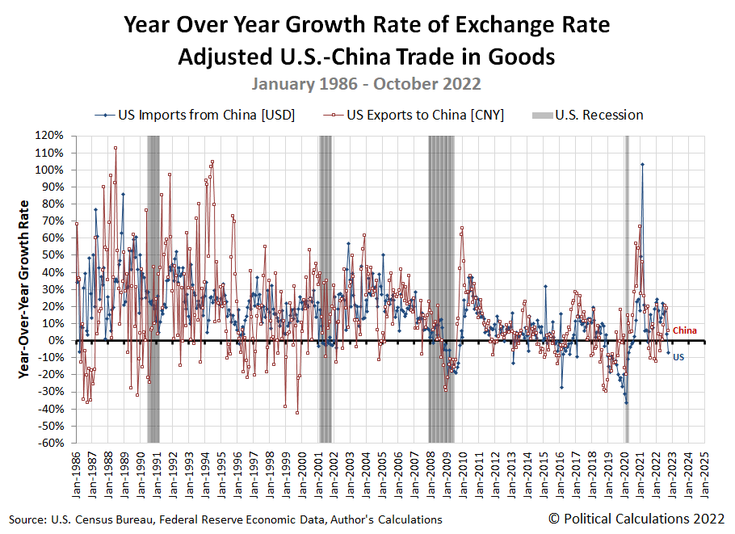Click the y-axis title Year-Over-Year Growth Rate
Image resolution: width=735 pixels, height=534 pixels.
25,289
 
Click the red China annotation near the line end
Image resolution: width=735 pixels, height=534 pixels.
684,330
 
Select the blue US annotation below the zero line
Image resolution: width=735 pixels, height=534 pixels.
678,356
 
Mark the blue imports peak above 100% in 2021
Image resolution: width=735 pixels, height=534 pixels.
642,164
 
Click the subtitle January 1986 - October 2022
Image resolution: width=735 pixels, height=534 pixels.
366,84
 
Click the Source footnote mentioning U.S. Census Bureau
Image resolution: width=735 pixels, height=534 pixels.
225,519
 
